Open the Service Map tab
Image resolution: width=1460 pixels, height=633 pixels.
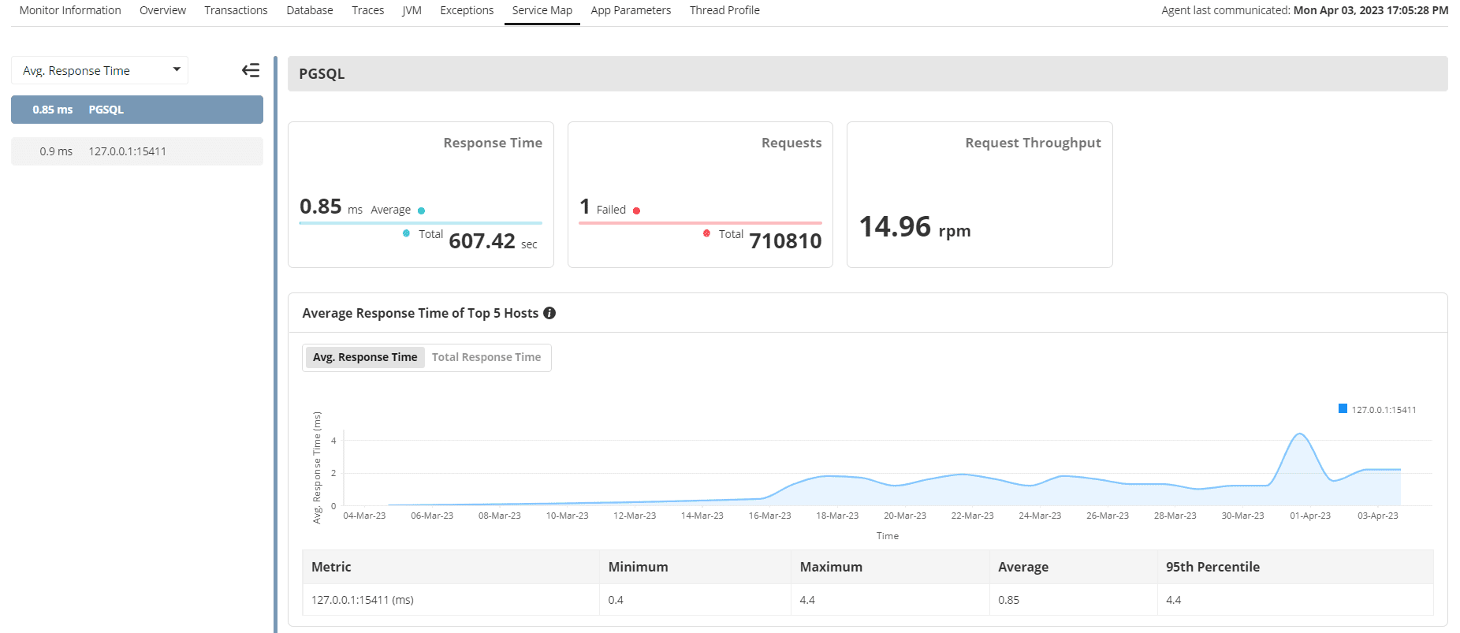pos(542,10)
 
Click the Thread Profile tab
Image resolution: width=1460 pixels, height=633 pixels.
pos(724,10)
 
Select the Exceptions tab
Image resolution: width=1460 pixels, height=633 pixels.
pos(467,10)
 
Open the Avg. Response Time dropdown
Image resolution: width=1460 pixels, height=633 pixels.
pos(99,70)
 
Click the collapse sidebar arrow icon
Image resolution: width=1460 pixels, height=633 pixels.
pos(251,70)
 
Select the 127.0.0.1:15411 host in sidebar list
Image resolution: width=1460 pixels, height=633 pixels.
pos(127,151)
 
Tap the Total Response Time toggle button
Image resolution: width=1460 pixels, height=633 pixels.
pos(486,357)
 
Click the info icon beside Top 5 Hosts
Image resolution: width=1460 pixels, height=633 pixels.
pos(549,313)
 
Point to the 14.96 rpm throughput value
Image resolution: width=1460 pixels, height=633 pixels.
pos(914,227)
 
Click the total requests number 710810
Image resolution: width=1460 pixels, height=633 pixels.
pos(785,241)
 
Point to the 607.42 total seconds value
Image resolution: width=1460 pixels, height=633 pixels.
pos(482,241)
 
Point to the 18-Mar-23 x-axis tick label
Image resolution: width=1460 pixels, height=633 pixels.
pos(837,516)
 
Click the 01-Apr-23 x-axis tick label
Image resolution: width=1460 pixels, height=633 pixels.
pos(1309,516)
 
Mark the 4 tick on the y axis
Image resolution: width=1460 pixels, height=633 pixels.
pos(333,441)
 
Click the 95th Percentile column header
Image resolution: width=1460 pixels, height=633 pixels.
pos(1212,567)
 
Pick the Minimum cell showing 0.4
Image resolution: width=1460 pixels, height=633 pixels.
pos(616,600)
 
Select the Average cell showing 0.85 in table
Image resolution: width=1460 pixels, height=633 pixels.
pos(1008,600)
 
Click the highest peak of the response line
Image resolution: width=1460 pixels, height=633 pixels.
pos(1299,434)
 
